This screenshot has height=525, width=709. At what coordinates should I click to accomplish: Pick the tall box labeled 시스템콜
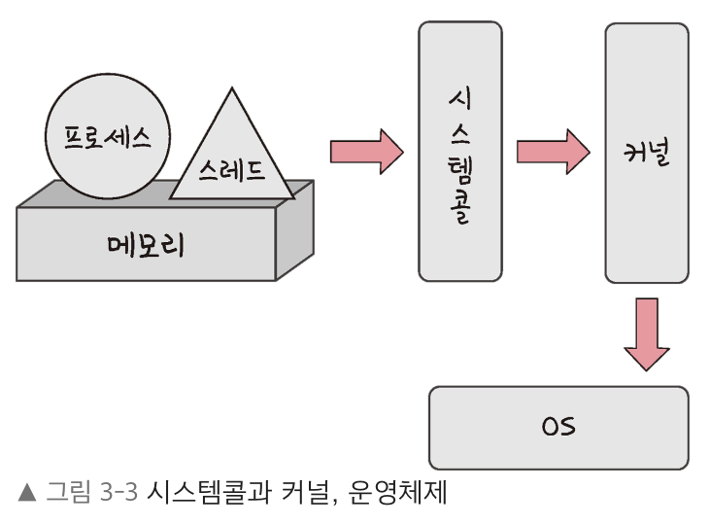pyautogui.click(x=460, y=152)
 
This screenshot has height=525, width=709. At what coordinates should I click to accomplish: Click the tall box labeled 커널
pyautogui.click(x=646, y=152)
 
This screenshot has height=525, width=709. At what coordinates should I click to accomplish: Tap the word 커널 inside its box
pyautogui.click(x=646, y=154)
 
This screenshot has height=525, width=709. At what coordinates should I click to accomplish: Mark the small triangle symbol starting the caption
pyautogui.click(x=26, y=493)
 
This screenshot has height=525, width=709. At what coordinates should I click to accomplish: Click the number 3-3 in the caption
pyautogui.click(x=119, y=493)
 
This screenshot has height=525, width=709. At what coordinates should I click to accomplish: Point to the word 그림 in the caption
pyautogui.click(x=68, y=493)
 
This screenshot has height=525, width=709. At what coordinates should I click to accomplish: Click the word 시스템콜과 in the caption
pyautogui.click(x=205, y=493)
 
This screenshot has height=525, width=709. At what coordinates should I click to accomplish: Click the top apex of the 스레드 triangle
pyautogui.click(x=232, y=89)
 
